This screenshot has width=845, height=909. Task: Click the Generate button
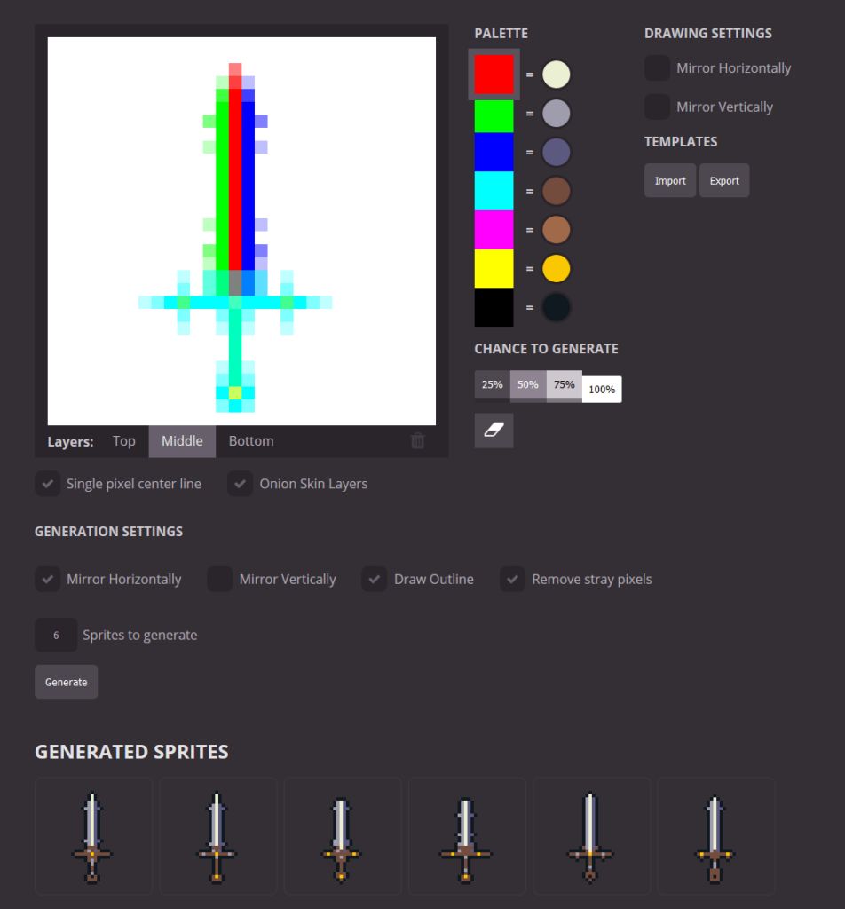click(67, 682)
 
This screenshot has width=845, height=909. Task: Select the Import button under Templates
click(670, 180)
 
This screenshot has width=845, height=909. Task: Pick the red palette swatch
click(494, 74)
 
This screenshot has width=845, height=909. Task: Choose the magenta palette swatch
click(494, 229)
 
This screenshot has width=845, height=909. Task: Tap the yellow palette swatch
click(494, 268)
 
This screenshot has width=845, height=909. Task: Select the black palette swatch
click(494, 307)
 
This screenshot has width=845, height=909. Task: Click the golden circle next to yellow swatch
click(556, 268)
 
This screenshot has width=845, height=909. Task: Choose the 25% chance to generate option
click(492, 385)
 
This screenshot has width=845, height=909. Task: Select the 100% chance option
click(602, 389)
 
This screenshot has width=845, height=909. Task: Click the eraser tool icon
click(494, 431)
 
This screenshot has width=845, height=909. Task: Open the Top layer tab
click(124, 441)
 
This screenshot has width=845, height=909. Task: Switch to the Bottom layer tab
click(251, 441)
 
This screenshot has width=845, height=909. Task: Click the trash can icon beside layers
click(418, 441)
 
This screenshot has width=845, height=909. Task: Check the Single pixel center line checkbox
click(47, 484)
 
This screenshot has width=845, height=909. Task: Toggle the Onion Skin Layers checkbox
click(240, 484)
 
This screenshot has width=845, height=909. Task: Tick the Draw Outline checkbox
click(375, 579)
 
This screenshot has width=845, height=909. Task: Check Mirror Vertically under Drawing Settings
click(657, 107)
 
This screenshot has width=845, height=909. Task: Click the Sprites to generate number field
click(56, 635)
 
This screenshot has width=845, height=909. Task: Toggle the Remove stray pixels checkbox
click(512, 579)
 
